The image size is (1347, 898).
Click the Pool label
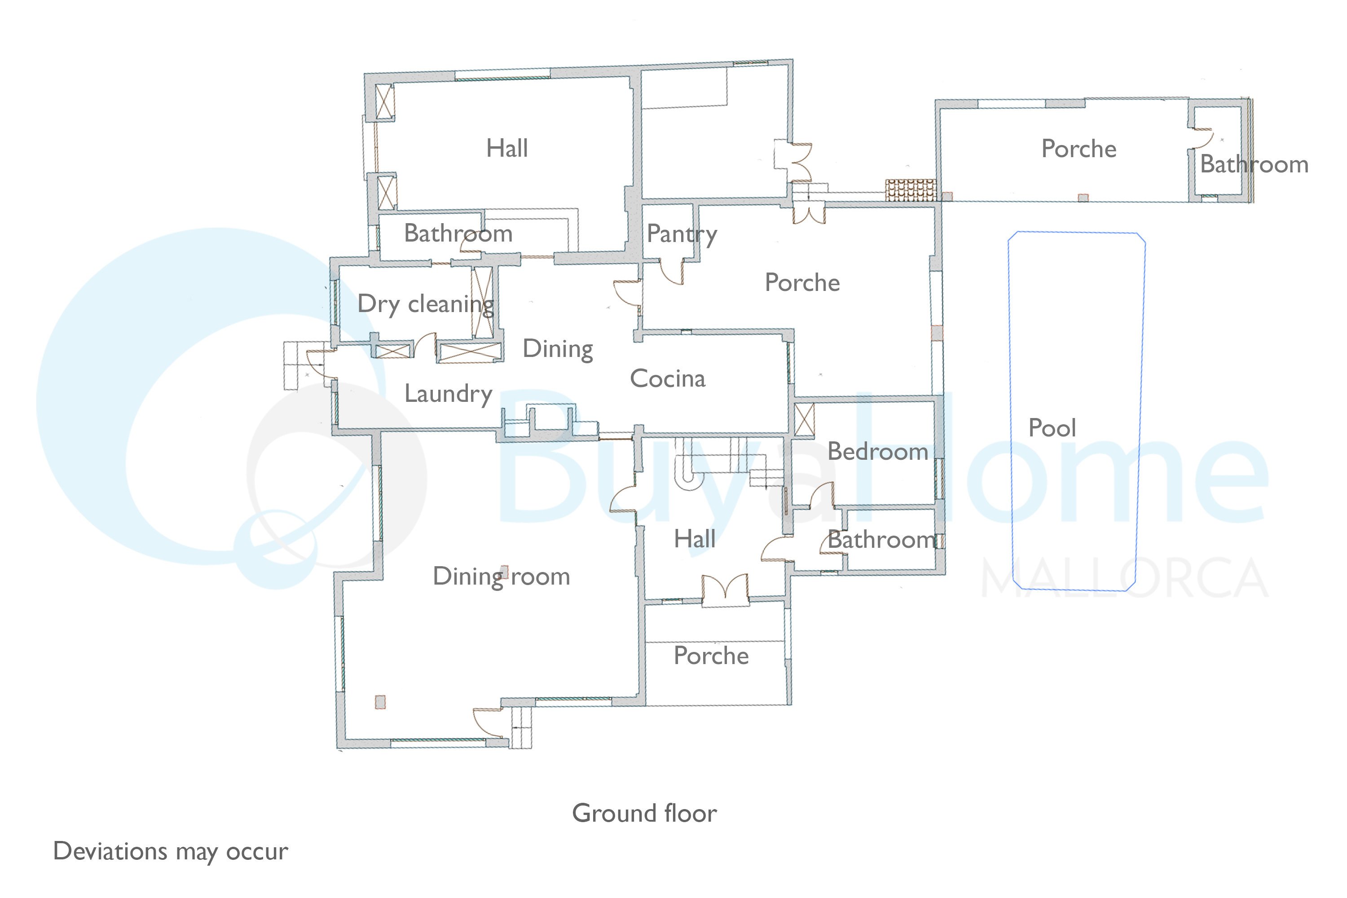(x=1052, y=428)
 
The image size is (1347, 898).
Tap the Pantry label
(x=682, y=234)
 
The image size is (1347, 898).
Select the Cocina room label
(x=667, y=379)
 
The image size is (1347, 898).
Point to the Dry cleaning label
(x=426, y=304)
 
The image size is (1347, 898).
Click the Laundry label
(x=449, y=394)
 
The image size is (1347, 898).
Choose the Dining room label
(x=501, y=576)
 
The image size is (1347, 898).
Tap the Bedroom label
(x=877, y=451)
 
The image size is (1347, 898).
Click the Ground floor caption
(x=644, y=813)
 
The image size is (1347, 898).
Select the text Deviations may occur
(x=171, y=852)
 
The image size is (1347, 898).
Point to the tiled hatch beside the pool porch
(x=911, y=189)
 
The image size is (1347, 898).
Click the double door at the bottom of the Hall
(x=725, y=589)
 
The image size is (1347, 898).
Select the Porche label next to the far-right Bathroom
(x=1078, y=149)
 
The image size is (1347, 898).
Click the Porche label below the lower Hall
(x=711, y=656)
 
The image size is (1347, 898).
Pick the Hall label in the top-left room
(x=507, y=148)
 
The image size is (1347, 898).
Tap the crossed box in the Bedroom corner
(x=805, y=420)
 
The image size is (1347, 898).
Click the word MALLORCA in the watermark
(x=1125, y=577)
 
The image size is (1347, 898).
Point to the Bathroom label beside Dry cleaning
(x=458, y=233)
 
